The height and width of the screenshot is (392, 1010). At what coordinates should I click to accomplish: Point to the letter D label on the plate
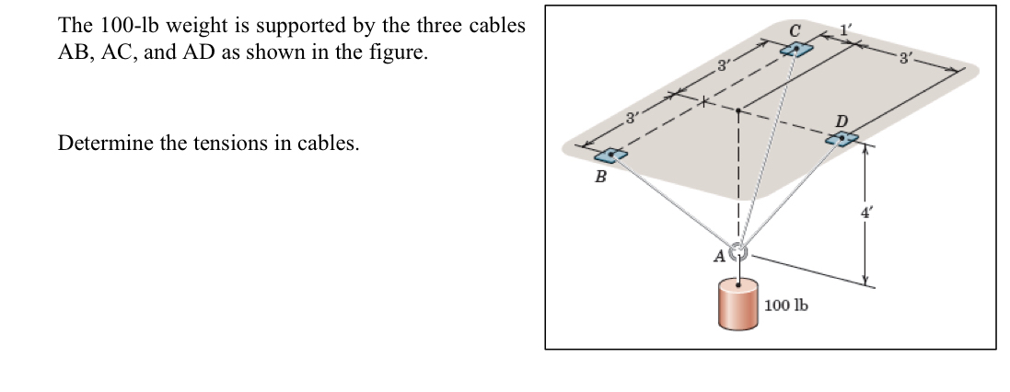pyautogui.click(x=840, y=121)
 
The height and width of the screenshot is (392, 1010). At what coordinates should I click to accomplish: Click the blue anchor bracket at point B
pyautogui.click(x=609, y=156)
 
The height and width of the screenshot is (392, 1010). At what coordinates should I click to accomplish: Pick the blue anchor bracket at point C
pyautogui.click(x=795, y=49)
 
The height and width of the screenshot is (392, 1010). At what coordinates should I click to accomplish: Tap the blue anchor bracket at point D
pyautogui.click(x=841, y=139)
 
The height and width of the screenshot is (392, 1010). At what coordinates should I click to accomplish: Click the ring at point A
pyautogui.click(x=737, y=251)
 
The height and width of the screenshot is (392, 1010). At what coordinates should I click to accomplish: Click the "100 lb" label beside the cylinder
pyautogui.click(x=785, y=305)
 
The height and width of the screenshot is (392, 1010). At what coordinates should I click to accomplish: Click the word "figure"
pyautogui.click(x=399, y=52)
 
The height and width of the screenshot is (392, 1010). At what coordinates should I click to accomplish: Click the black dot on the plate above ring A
pyautogui.click(x=737, y=110)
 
